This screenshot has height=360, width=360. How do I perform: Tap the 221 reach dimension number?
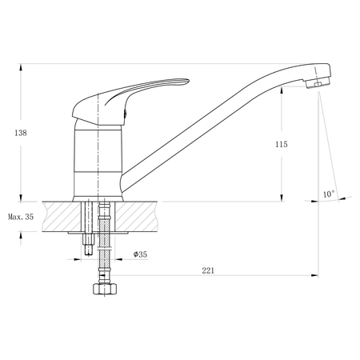pos(208,270)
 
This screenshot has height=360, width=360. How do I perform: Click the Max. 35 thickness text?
pos(21,217)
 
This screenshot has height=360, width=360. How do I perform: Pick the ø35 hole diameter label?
pos(138,255)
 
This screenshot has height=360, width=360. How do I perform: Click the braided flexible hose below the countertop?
pos(102,240)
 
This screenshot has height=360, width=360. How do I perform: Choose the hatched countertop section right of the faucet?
pos(148,216)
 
